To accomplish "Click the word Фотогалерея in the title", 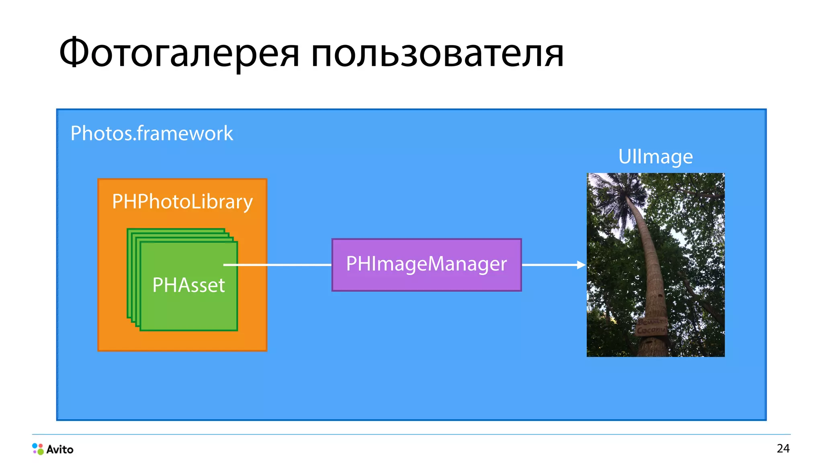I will click(179, 53).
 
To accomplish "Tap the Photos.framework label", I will click(151, 133).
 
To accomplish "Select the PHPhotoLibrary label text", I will click(182, 202).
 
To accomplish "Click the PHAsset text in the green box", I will click(188, 286).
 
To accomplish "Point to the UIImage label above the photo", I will click(655, 157).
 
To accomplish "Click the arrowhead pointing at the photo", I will click(581, 265).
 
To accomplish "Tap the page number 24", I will click(783, 449).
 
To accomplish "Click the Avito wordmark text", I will click(60, 449).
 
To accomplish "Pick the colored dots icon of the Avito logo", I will click(38, 449).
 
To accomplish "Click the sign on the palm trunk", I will click(651, 326).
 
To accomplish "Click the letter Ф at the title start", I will click(74, 53).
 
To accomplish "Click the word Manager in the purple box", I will click(467, 264).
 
